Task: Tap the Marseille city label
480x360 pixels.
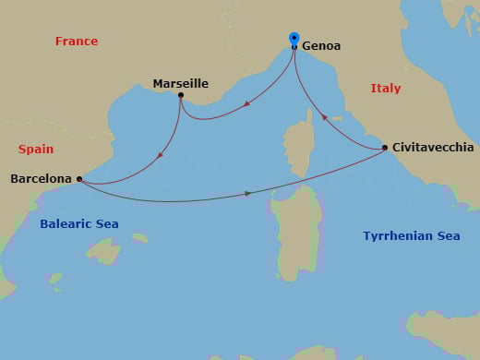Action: (180, 84)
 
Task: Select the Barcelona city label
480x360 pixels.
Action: (40, 179)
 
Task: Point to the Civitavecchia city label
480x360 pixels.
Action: (433, 148)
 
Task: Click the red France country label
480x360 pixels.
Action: (77, 42)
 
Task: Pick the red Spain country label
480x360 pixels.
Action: (36, 149)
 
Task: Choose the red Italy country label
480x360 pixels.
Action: (386, 89)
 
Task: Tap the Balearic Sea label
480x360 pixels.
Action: (79, 224)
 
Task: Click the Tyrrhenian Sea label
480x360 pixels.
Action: (411, 236)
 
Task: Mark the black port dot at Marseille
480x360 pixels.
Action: (181, 95)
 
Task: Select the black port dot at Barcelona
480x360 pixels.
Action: (79, 179)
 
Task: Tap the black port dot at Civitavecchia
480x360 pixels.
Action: (385, 149)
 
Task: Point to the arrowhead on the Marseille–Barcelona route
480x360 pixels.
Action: (161, 155)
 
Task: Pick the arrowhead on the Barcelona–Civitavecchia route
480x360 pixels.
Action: (247, 193)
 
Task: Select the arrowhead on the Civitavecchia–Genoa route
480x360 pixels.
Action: (323, 117)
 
